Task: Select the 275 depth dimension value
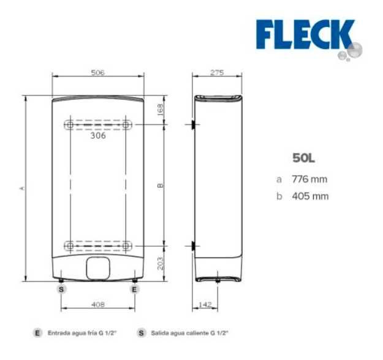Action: pos(217,72)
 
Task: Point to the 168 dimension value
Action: pos(160,110)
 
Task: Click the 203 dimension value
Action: pos(160,264)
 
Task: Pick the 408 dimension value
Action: pos(97,304)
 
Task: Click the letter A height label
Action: pos(23,188)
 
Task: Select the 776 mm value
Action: pos(309,179)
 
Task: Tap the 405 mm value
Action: pos(309,196)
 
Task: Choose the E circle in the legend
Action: pos(38,333)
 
